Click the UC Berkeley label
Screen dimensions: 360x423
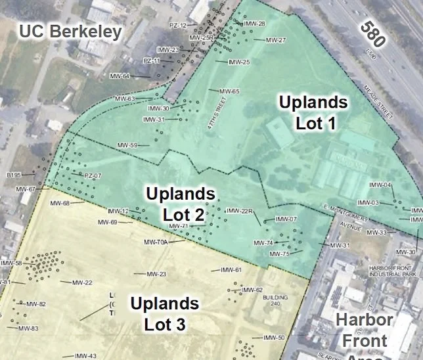(x=71, y=32)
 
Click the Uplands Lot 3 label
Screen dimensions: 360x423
(x=164, y=313)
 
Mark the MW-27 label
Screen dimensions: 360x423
(x=276, y=40)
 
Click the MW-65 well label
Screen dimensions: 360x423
(x=229, y=91)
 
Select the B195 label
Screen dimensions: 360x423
(x=14, y=175)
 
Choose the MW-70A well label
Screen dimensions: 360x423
(x=156, y=242)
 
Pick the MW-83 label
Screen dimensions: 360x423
(x=28, y=328)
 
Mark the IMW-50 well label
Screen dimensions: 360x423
(x=274, y=338)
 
